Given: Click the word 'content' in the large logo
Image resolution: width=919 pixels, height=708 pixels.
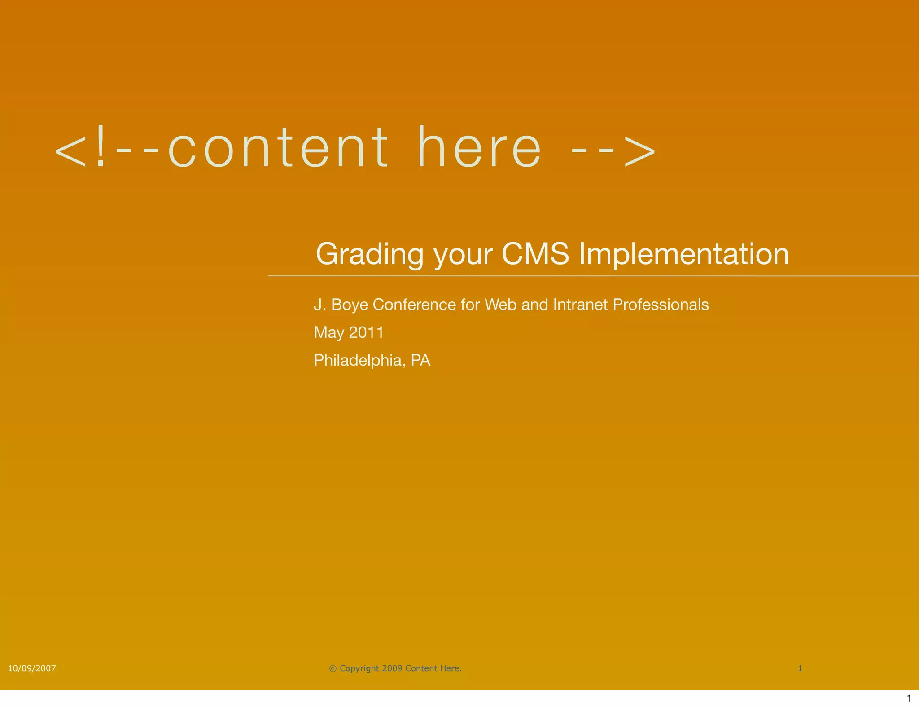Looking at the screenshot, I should [x=278, y=148].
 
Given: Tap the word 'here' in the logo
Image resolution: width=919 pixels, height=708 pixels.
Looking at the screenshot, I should [x=479, y=148].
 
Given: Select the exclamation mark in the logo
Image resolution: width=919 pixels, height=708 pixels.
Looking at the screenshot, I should [x=101, y=146].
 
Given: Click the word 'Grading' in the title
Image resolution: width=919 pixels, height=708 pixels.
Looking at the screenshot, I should [x=369, y=254].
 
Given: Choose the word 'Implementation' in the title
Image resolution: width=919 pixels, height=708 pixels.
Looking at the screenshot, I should [x=683, y=254].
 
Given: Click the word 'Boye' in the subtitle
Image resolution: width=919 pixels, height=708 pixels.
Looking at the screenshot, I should [x=349, y=305].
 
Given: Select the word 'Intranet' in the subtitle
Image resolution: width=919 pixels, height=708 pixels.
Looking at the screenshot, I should [x=580, y=305].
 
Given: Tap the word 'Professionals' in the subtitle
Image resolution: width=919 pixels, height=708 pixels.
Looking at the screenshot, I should [x=661, y=305].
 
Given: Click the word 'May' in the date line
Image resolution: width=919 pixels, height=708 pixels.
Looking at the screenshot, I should [x=328, y=333].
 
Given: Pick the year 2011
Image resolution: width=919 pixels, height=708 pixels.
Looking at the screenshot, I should [x=366, y=332].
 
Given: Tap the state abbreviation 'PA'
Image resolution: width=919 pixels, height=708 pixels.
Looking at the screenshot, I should [x=420, y=360].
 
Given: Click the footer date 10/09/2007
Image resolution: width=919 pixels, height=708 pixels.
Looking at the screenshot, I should [x=32, y=668].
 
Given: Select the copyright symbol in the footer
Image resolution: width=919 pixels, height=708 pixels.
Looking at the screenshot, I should [x=333, y=668].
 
